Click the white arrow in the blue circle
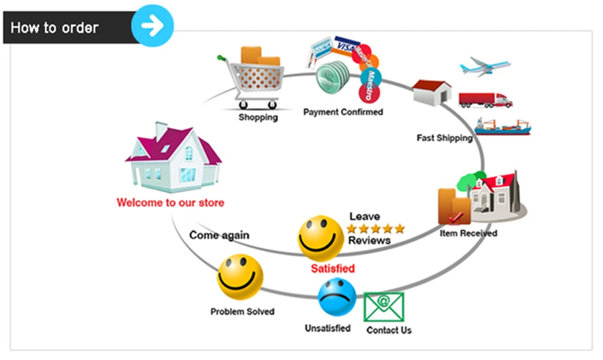[x=153, y=25]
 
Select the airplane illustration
[x=485, y=66]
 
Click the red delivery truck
[x=485, y=100]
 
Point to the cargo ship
[x=503, y=127]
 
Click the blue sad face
[x=337, y=297]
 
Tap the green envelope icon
[x=384, y=306]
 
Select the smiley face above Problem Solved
[x=240, y=277]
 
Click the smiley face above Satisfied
[x=321, y=238]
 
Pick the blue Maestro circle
[x=371, y=77]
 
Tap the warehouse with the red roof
[x=432, y=92]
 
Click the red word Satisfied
[x=333, y=268]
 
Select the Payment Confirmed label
[x=343, y=112]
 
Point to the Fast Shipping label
[x=444, y=137]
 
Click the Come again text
[x=219, y=235]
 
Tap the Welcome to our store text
[x=171, y=203]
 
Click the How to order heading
[x=55, y=28]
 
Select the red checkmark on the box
[x=455, y=218]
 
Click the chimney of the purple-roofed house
[x=160, y=131]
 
